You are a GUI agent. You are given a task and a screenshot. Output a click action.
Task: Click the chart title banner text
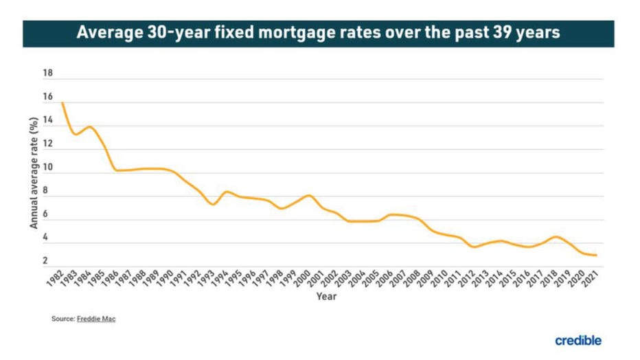[318, 33]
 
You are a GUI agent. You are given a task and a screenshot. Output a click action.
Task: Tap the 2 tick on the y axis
[45, 261]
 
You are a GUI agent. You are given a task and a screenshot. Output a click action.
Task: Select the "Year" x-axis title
[325, 297]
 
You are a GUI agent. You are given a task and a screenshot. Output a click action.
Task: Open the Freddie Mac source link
[96, 319]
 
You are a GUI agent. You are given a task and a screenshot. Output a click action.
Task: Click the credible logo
[578, 340]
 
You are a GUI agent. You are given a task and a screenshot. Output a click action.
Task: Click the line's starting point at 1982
[62, 103]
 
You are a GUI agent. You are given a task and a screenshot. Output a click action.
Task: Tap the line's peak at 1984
[89, 126]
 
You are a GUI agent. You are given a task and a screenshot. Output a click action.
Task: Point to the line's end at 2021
[595, 256]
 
